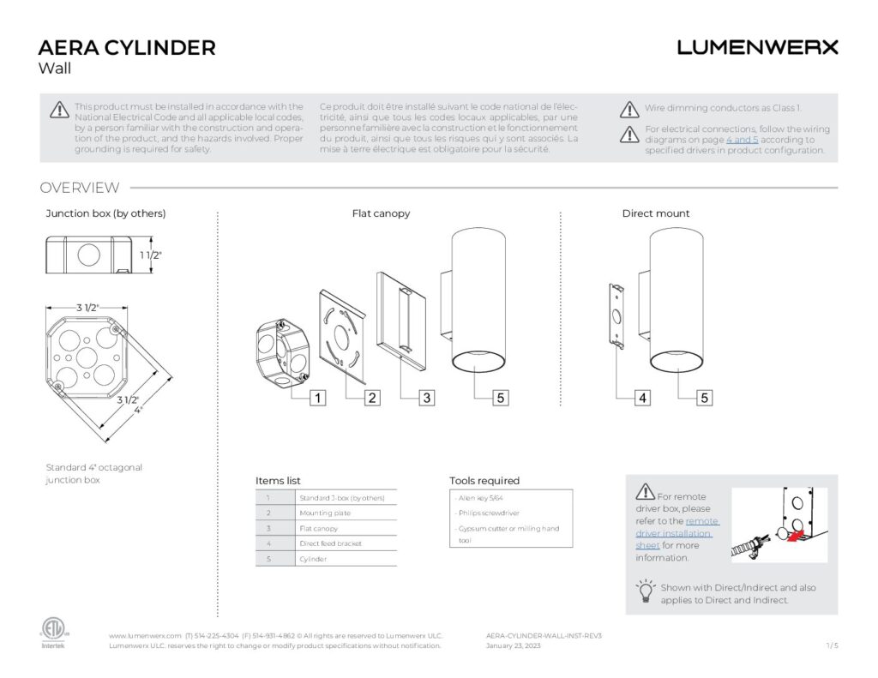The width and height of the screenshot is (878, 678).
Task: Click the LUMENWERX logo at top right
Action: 757,47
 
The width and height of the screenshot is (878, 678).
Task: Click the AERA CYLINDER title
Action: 127,47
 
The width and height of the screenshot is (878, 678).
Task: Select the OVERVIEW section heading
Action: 80,188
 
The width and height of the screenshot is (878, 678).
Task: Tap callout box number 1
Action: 317,398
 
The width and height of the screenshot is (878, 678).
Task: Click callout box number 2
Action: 372,398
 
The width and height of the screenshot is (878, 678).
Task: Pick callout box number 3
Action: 427,398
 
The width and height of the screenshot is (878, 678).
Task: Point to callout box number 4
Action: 642,398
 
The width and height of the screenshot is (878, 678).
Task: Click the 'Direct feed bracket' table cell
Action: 330,543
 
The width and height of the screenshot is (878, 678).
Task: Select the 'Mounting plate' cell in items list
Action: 324,513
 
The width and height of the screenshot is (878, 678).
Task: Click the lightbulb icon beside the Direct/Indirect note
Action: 645,591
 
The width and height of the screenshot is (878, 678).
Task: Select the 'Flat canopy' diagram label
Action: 381,213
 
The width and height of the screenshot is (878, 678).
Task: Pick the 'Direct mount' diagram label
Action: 656,213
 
